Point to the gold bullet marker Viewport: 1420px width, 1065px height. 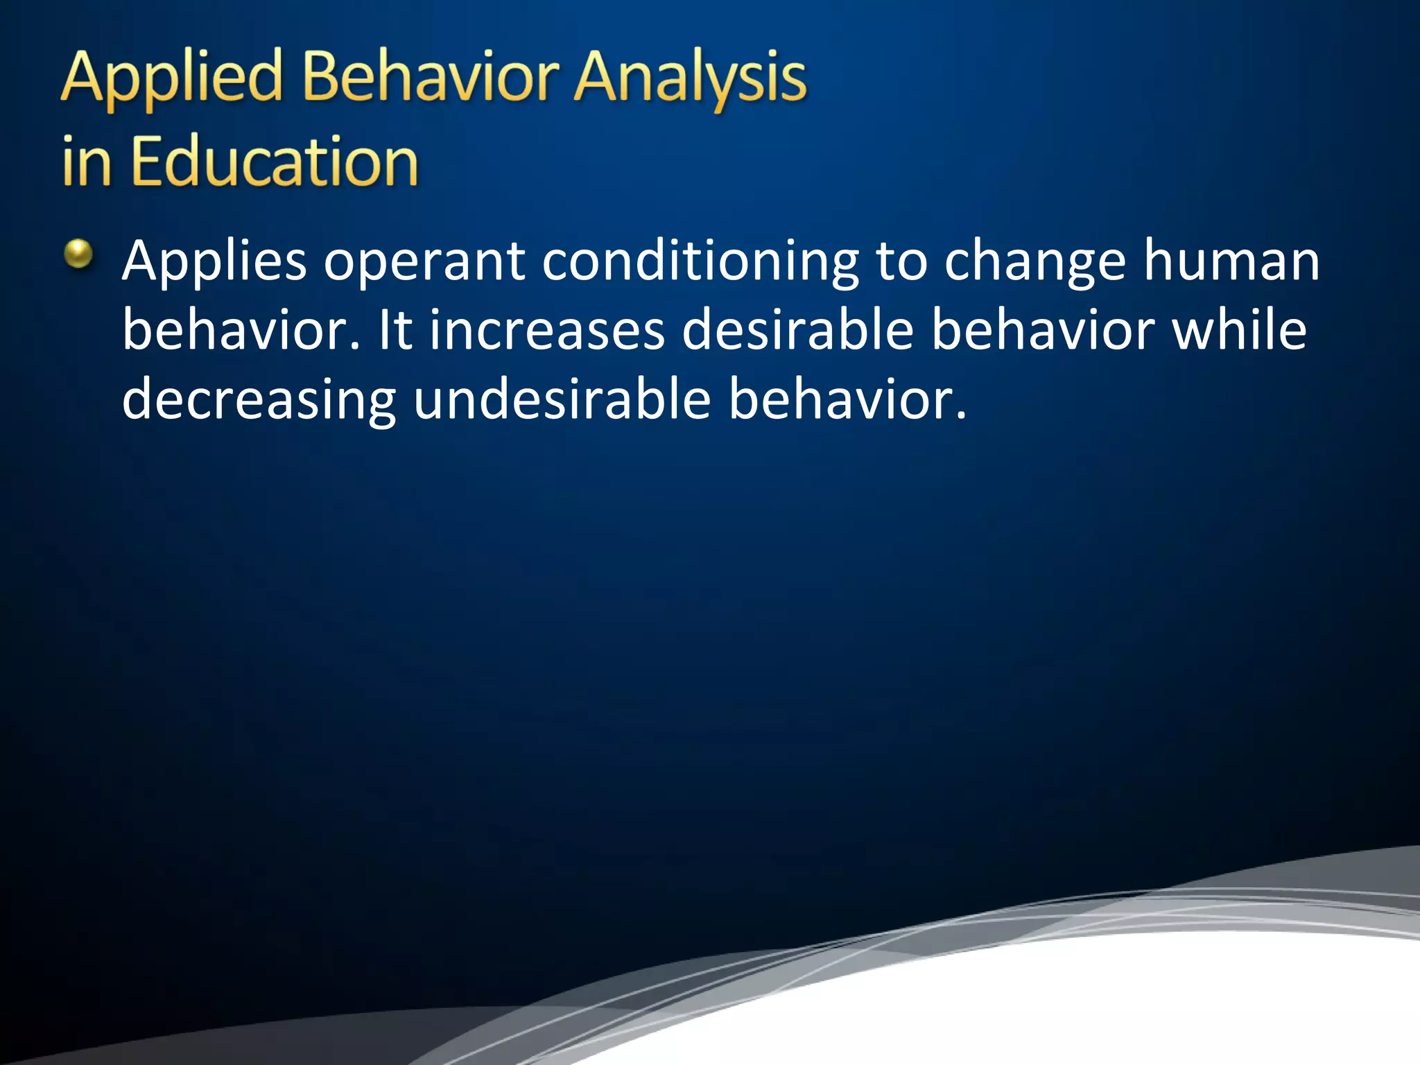point(78,254)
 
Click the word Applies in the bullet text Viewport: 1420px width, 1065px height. point(214,262)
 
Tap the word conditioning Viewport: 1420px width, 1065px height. point(700,262)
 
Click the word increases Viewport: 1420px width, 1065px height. point(547,330)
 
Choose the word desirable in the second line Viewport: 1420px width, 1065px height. point(797,330)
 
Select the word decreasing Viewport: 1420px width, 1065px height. point(259,401)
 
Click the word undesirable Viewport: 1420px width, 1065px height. point(562,399)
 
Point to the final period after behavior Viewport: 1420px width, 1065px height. point(960,417)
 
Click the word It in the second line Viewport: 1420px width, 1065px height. point(395,330)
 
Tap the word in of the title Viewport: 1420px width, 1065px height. point(86,163)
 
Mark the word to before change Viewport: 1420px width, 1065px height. point(901,262)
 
